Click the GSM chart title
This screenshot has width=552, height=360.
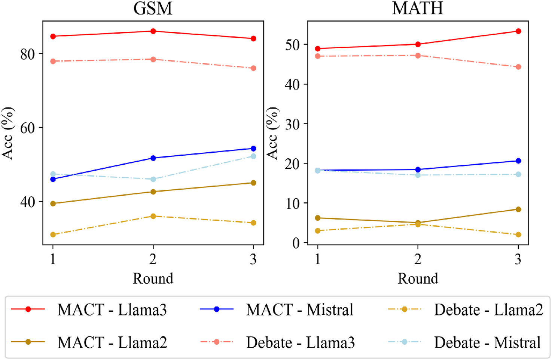point(153,8)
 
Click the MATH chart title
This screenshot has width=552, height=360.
point(417,8)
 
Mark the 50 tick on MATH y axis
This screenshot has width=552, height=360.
point(292,45)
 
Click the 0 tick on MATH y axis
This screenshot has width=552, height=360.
point(296,243)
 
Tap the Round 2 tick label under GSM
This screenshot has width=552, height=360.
point(153,259)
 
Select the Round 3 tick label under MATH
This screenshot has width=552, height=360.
point(518,259)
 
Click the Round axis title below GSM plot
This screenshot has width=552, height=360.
point(153,279)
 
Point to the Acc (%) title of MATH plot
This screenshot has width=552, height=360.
point(272,133)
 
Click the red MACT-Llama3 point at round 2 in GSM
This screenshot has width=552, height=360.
point(153,31)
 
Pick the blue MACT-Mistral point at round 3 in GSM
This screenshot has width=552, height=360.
point(253,149)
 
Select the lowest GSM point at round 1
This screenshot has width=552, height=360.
point(53,235)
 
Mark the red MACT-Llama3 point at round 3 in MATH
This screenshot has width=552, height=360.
point(518,31)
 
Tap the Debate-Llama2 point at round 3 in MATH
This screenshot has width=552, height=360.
point(518,235)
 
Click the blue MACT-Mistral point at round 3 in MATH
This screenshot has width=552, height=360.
point(518,161)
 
